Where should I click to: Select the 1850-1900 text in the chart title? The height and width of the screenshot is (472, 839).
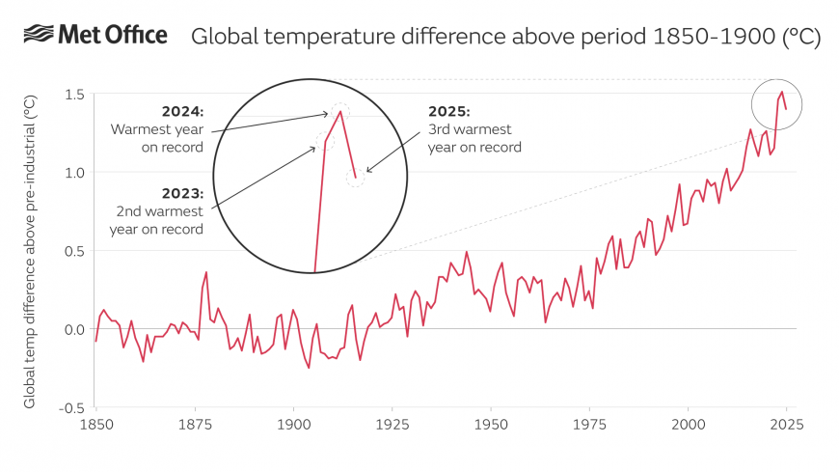703,37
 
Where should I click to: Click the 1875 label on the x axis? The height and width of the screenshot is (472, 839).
195,425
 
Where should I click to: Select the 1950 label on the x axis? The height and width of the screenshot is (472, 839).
491,425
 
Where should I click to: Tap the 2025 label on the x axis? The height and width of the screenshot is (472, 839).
786,425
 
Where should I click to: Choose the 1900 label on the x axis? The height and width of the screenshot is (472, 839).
293,425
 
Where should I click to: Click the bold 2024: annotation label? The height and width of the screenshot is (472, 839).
183,111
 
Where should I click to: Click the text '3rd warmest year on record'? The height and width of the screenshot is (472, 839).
474,138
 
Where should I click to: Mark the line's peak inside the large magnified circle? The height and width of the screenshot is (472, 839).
340,112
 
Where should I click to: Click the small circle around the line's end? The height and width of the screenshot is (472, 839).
776,103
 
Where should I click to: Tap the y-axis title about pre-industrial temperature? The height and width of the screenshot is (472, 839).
31,251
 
